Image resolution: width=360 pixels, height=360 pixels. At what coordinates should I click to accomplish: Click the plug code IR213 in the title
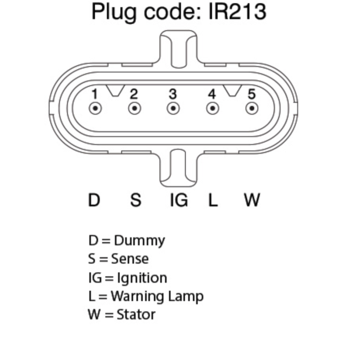238,12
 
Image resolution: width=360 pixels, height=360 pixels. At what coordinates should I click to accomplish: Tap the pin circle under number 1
95,108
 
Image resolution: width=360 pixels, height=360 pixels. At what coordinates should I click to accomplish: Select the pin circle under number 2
135,108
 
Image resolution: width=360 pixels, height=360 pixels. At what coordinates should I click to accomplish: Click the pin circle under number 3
173,108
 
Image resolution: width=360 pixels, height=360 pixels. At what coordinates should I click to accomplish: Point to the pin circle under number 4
212,108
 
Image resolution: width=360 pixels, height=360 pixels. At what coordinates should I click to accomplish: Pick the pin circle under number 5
252,108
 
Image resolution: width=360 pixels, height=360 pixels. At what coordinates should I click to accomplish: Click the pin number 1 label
94,94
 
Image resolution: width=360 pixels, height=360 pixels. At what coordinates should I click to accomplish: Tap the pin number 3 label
173,94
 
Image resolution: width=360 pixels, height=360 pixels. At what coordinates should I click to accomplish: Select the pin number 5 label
252,94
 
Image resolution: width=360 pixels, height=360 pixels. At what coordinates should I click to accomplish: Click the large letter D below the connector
94,200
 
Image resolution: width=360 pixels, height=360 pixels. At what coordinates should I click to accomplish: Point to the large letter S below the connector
136,200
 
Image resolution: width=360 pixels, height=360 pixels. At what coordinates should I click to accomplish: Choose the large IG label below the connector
179,200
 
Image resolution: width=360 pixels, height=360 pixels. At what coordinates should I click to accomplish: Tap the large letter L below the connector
213,200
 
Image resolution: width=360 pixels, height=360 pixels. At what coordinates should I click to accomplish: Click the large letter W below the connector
252,200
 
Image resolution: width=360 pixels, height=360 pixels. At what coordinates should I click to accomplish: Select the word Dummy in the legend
139,241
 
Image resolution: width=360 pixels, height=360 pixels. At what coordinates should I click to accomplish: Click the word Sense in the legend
130,259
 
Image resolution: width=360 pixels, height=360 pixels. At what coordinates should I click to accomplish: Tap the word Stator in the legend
136,315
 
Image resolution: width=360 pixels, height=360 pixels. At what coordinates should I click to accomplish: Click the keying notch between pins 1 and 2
115,90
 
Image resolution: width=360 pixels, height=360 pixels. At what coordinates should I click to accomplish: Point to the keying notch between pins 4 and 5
232,90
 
